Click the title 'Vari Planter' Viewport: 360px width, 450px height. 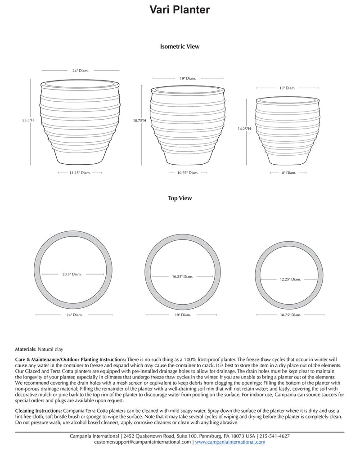(180, 10)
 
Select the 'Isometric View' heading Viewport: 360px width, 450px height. (180, 46)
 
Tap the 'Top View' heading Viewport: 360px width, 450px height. (180, 198)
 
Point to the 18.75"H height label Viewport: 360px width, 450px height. (139, 121)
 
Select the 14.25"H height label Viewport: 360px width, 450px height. (244, 129)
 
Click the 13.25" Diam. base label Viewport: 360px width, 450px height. (80, 172)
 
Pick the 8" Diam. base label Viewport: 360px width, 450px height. (288, 173)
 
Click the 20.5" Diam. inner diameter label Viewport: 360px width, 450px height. (72, 274)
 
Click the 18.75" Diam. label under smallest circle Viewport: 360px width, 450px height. (291, 315)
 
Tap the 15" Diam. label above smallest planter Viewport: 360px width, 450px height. (288, 88)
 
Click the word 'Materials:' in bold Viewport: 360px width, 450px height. (26, 349)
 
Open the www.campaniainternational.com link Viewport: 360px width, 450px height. (230, 442)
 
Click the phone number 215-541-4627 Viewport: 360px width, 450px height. (274, 436)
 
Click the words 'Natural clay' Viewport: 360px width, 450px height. (51, 349)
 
